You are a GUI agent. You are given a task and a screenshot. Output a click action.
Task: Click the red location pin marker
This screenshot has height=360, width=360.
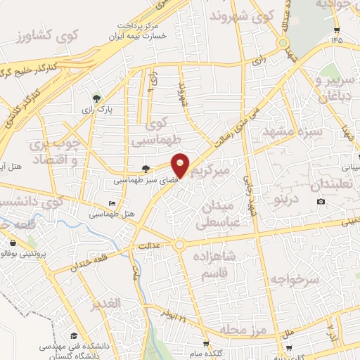[x=181, y=165]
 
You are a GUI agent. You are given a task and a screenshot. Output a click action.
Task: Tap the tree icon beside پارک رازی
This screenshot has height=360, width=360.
[x=97, y=98]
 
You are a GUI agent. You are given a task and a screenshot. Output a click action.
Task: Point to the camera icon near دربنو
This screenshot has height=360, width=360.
[x=321, y=202]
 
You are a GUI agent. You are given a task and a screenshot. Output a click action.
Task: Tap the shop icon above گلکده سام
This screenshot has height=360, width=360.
[x=206, y=345]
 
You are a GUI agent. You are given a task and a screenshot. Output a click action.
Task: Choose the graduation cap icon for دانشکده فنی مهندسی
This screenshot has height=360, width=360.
[x=73, y=337]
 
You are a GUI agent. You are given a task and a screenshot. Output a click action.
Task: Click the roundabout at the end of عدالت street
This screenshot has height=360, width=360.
[x=180, y=245]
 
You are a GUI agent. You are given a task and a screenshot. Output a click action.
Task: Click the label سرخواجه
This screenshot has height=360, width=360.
[x=299, y=280]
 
